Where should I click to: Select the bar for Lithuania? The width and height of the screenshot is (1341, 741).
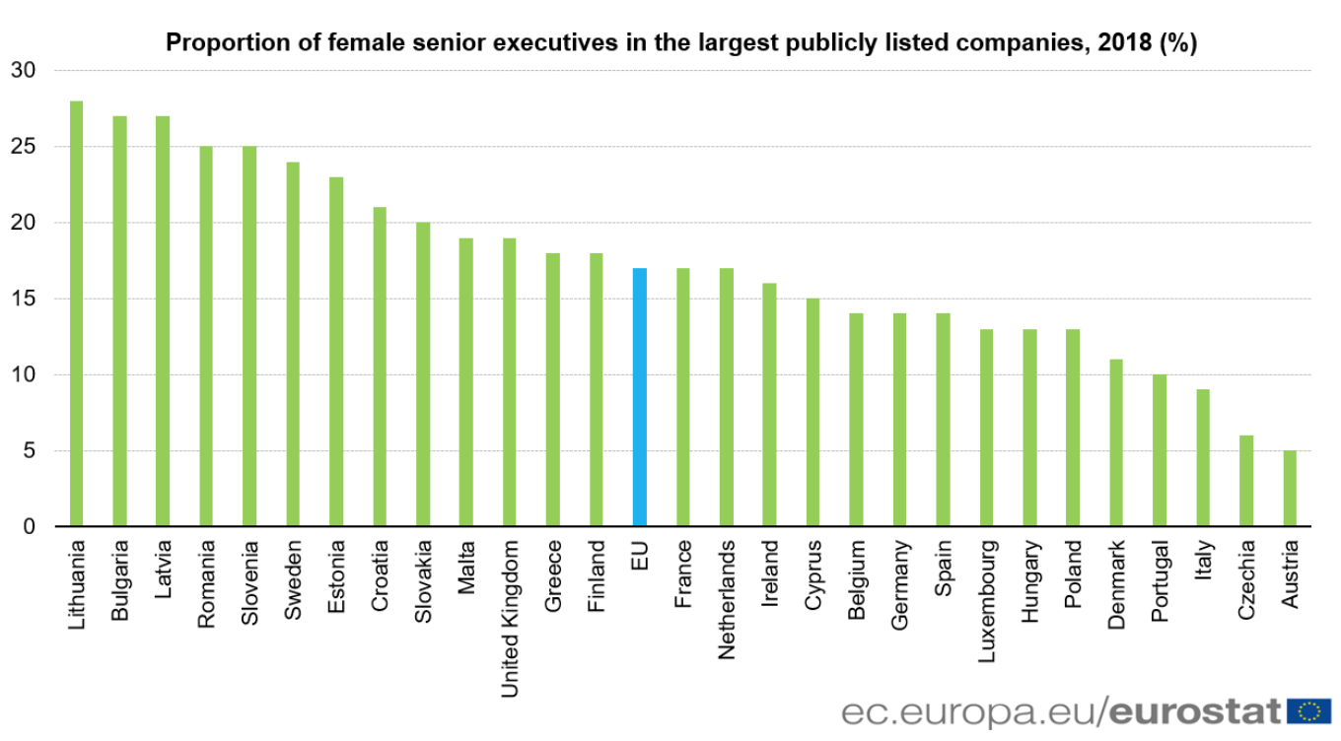click(76, 313)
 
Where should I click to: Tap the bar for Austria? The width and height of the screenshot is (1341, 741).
click(1290, 488)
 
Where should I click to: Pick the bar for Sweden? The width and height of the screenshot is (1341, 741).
click(293, 344)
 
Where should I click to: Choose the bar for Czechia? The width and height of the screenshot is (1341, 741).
click(1246, 480)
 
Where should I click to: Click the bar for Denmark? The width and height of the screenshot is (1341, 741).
click(1116, 442)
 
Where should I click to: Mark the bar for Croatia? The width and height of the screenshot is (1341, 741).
click(380, 367)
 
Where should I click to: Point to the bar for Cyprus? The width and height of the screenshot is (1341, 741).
click(812, 412)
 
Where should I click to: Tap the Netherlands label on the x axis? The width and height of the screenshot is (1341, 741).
click(727, 598)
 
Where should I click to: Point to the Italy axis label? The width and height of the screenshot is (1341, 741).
click(1203, 559)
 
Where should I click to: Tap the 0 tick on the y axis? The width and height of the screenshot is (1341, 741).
click(30, 526)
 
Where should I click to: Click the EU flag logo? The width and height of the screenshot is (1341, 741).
click(1309, 709)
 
